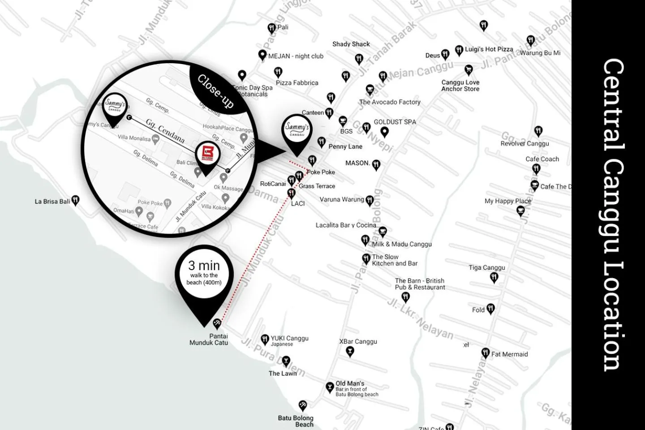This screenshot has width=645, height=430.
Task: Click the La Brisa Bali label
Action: pyautogui.click(x=52, y=202)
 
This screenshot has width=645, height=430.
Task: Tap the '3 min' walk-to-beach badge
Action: pyautogui.click(x=204, y=272)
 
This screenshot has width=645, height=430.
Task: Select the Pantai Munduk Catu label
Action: pyautogui.click(x=209, y=340)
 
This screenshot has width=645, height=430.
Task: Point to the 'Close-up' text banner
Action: pyautogui.click(x=216, y=91)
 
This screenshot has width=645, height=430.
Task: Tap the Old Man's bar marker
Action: pyautogui.click(x=330, y=387)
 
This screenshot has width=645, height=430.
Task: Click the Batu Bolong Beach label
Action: pyautogui.click(x=296, y=421)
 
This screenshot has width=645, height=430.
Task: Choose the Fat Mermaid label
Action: pyautogui.click(x=509, y=354)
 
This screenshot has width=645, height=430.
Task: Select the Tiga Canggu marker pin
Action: pyautogui.click(x=494, y=278)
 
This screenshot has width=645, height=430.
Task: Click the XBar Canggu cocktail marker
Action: pyautogui.click(x=350, y=351)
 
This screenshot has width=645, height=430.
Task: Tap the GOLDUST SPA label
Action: pyautogui.click(x=395, y=122)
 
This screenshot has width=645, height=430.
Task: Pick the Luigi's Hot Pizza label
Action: pyautogui.click(x=489, y=49)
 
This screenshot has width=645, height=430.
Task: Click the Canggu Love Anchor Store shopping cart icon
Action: pyautogui.click(x=469, y=69)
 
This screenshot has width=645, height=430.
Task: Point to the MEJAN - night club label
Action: pyautogui.click(x=296, y=56)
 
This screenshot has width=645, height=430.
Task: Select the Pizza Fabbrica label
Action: pyautogui.click(x=297, y=83)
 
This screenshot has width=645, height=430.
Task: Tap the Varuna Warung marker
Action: pyautogui.click(x=370, y=200)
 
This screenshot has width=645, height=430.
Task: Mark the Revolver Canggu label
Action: pyautogui.click(x=525, y=144)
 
